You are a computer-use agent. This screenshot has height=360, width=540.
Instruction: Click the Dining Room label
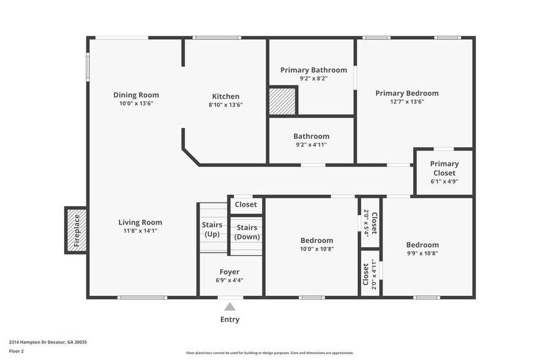coord(136,95)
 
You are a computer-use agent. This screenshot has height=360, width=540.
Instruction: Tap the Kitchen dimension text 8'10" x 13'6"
coord(225,105)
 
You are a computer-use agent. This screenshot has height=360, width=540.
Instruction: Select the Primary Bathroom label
coord(313,70)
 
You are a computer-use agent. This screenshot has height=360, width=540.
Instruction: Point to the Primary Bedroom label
coord(407,93)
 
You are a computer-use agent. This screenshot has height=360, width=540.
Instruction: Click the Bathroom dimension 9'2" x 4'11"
coord(311,145)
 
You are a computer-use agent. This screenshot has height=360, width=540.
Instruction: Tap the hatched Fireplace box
coord(77,230)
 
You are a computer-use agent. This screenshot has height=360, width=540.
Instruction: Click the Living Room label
coord(140,222)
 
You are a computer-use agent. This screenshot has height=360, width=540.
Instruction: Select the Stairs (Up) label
coord(212,230)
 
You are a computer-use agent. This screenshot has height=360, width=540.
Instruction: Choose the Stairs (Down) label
coord(247,233)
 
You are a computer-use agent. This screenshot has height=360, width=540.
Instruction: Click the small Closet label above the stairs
coord(246,204)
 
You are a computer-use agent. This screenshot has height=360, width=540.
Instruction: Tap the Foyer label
coord(230,272)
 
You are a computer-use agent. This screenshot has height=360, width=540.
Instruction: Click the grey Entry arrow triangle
coord(230,306)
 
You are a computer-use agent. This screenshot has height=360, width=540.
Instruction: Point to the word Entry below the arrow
coord(230,320)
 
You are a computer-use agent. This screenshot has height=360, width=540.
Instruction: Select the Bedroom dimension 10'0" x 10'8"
coord(317,249)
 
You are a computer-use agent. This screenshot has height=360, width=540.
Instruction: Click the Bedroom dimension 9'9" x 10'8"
coord(422,253)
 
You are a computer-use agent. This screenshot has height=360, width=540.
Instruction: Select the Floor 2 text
coord(16,351)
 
